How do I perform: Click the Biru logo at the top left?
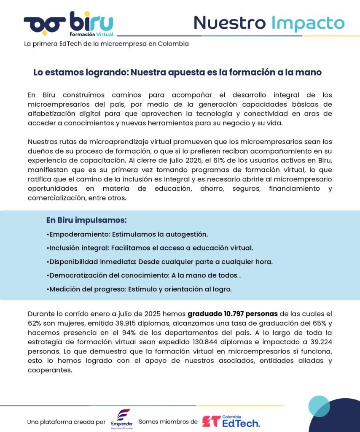pyautogui.click(x=68, y=23)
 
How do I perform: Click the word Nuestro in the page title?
pyautogui.click(x=230, y=23)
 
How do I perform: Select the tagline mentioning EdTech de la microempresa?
pyautogui.click(x=106, y=43)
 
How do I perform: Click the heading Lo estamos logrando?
pyautogui.click(x=177, y=72)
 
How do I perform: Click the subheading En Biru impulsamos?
pyautogui.click(x=86, y=220)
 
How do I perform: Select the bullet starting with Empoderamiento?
pyautogui.click(x=127, y=234)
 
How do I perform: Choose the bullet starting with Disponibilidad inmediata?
pyautogui.click(x=159, y=262)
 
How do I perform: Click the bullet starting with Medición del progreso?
pyautogui.click(x=139, y=289)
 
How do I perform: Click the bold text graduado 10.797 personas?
pyautogui.click(x=232, y=314)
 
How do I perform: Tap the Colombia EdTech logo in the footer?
pyautogui.click(x=231, y=421)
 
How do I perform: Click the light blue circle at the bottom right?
pyautogui.click(x=319, y=406)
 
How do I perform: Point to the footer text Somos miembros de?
pyautogui.click(x=168, y=421)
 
